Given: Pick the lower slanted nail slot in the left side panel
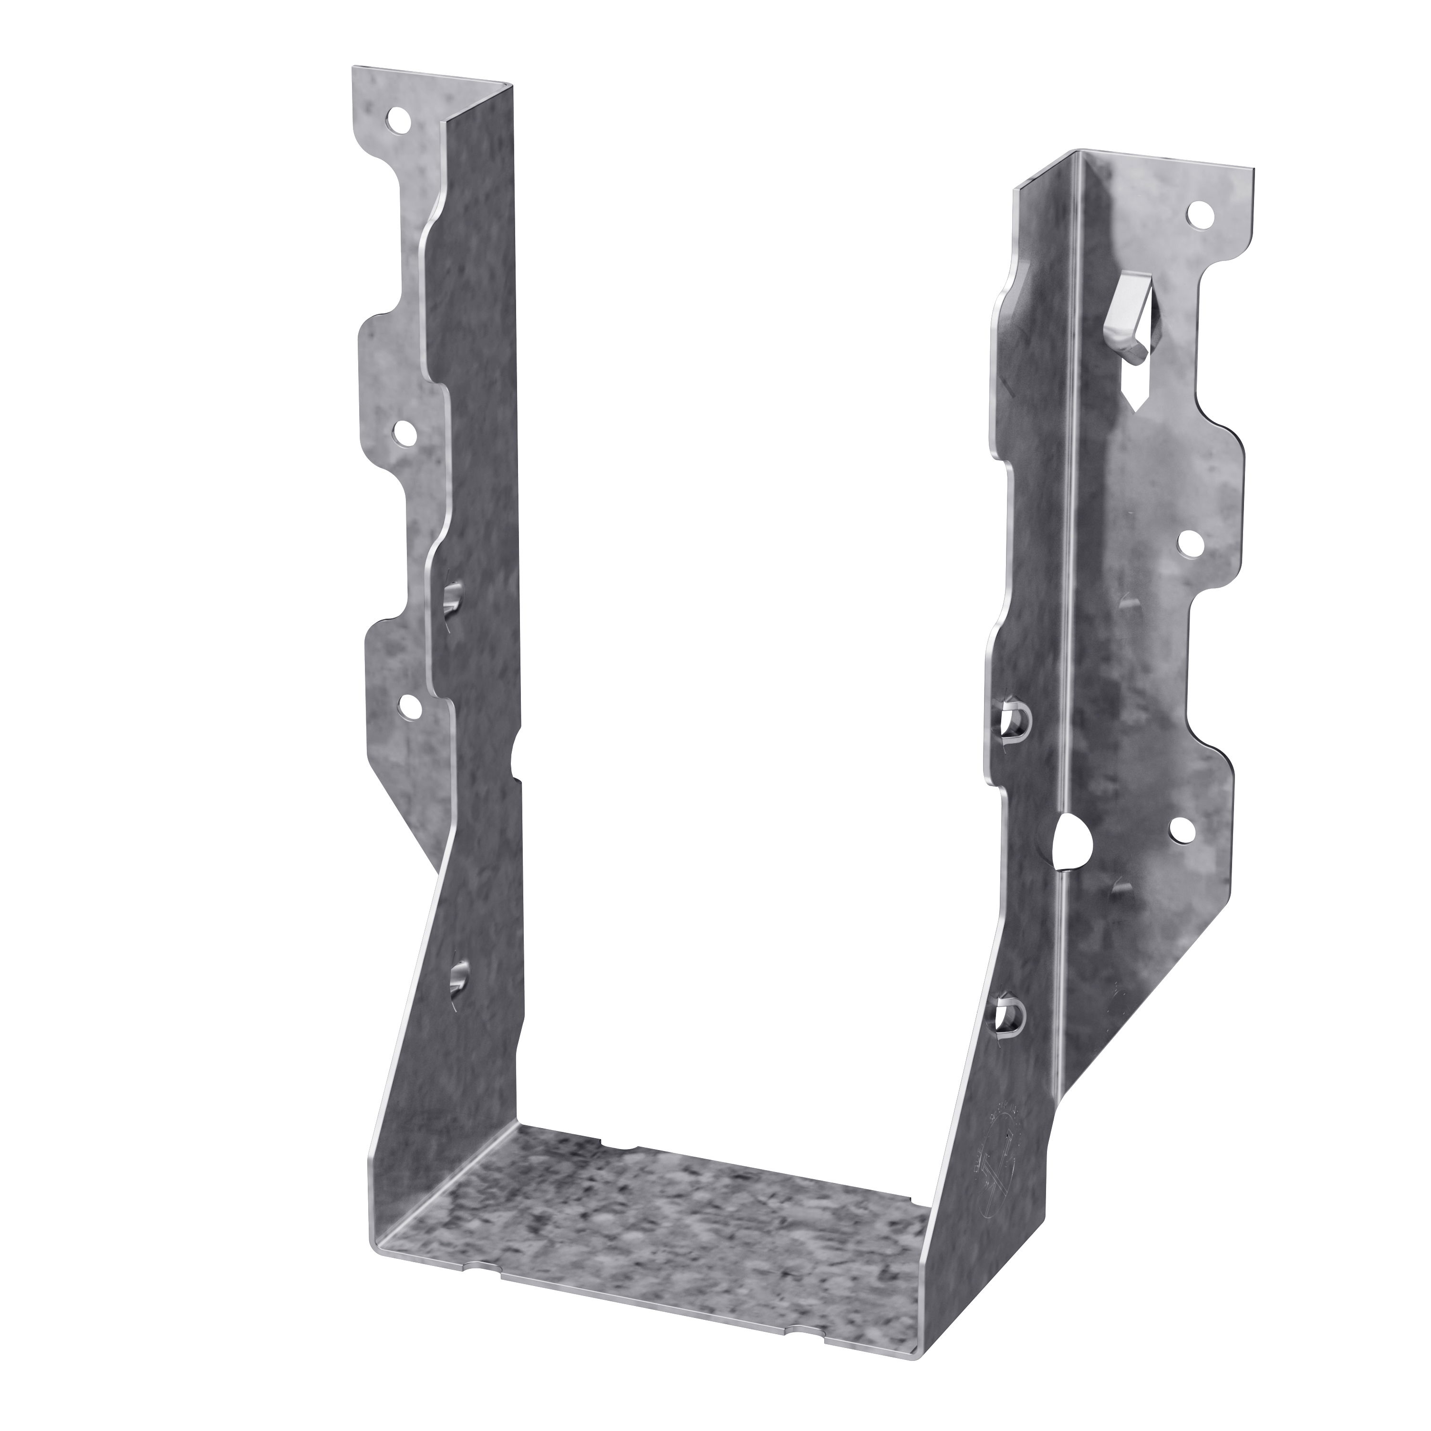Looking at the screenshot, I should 459,978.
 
